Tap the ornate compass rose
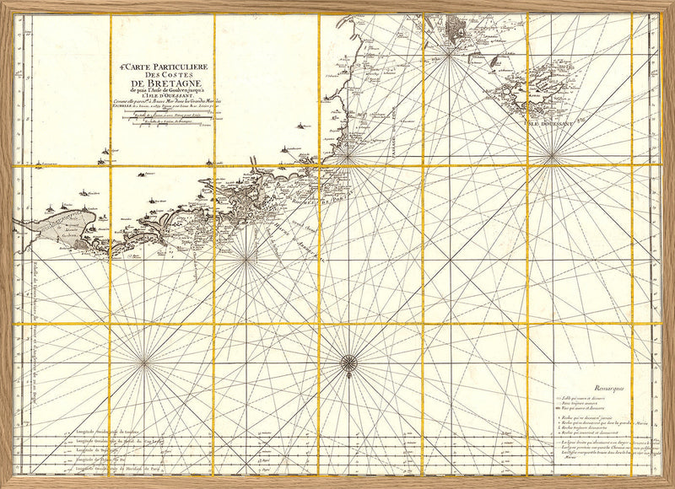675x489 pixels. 348,363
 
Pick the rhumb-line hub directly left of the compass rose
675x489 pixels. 144,363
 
